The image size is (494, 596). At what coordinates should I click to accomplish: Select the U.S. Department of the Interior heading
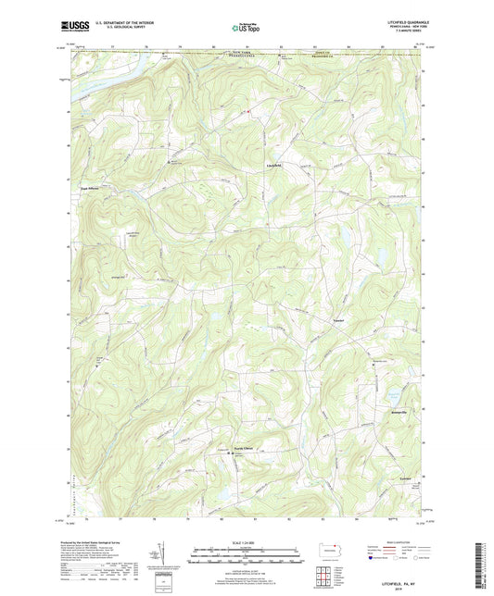[x=120, y=22]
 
